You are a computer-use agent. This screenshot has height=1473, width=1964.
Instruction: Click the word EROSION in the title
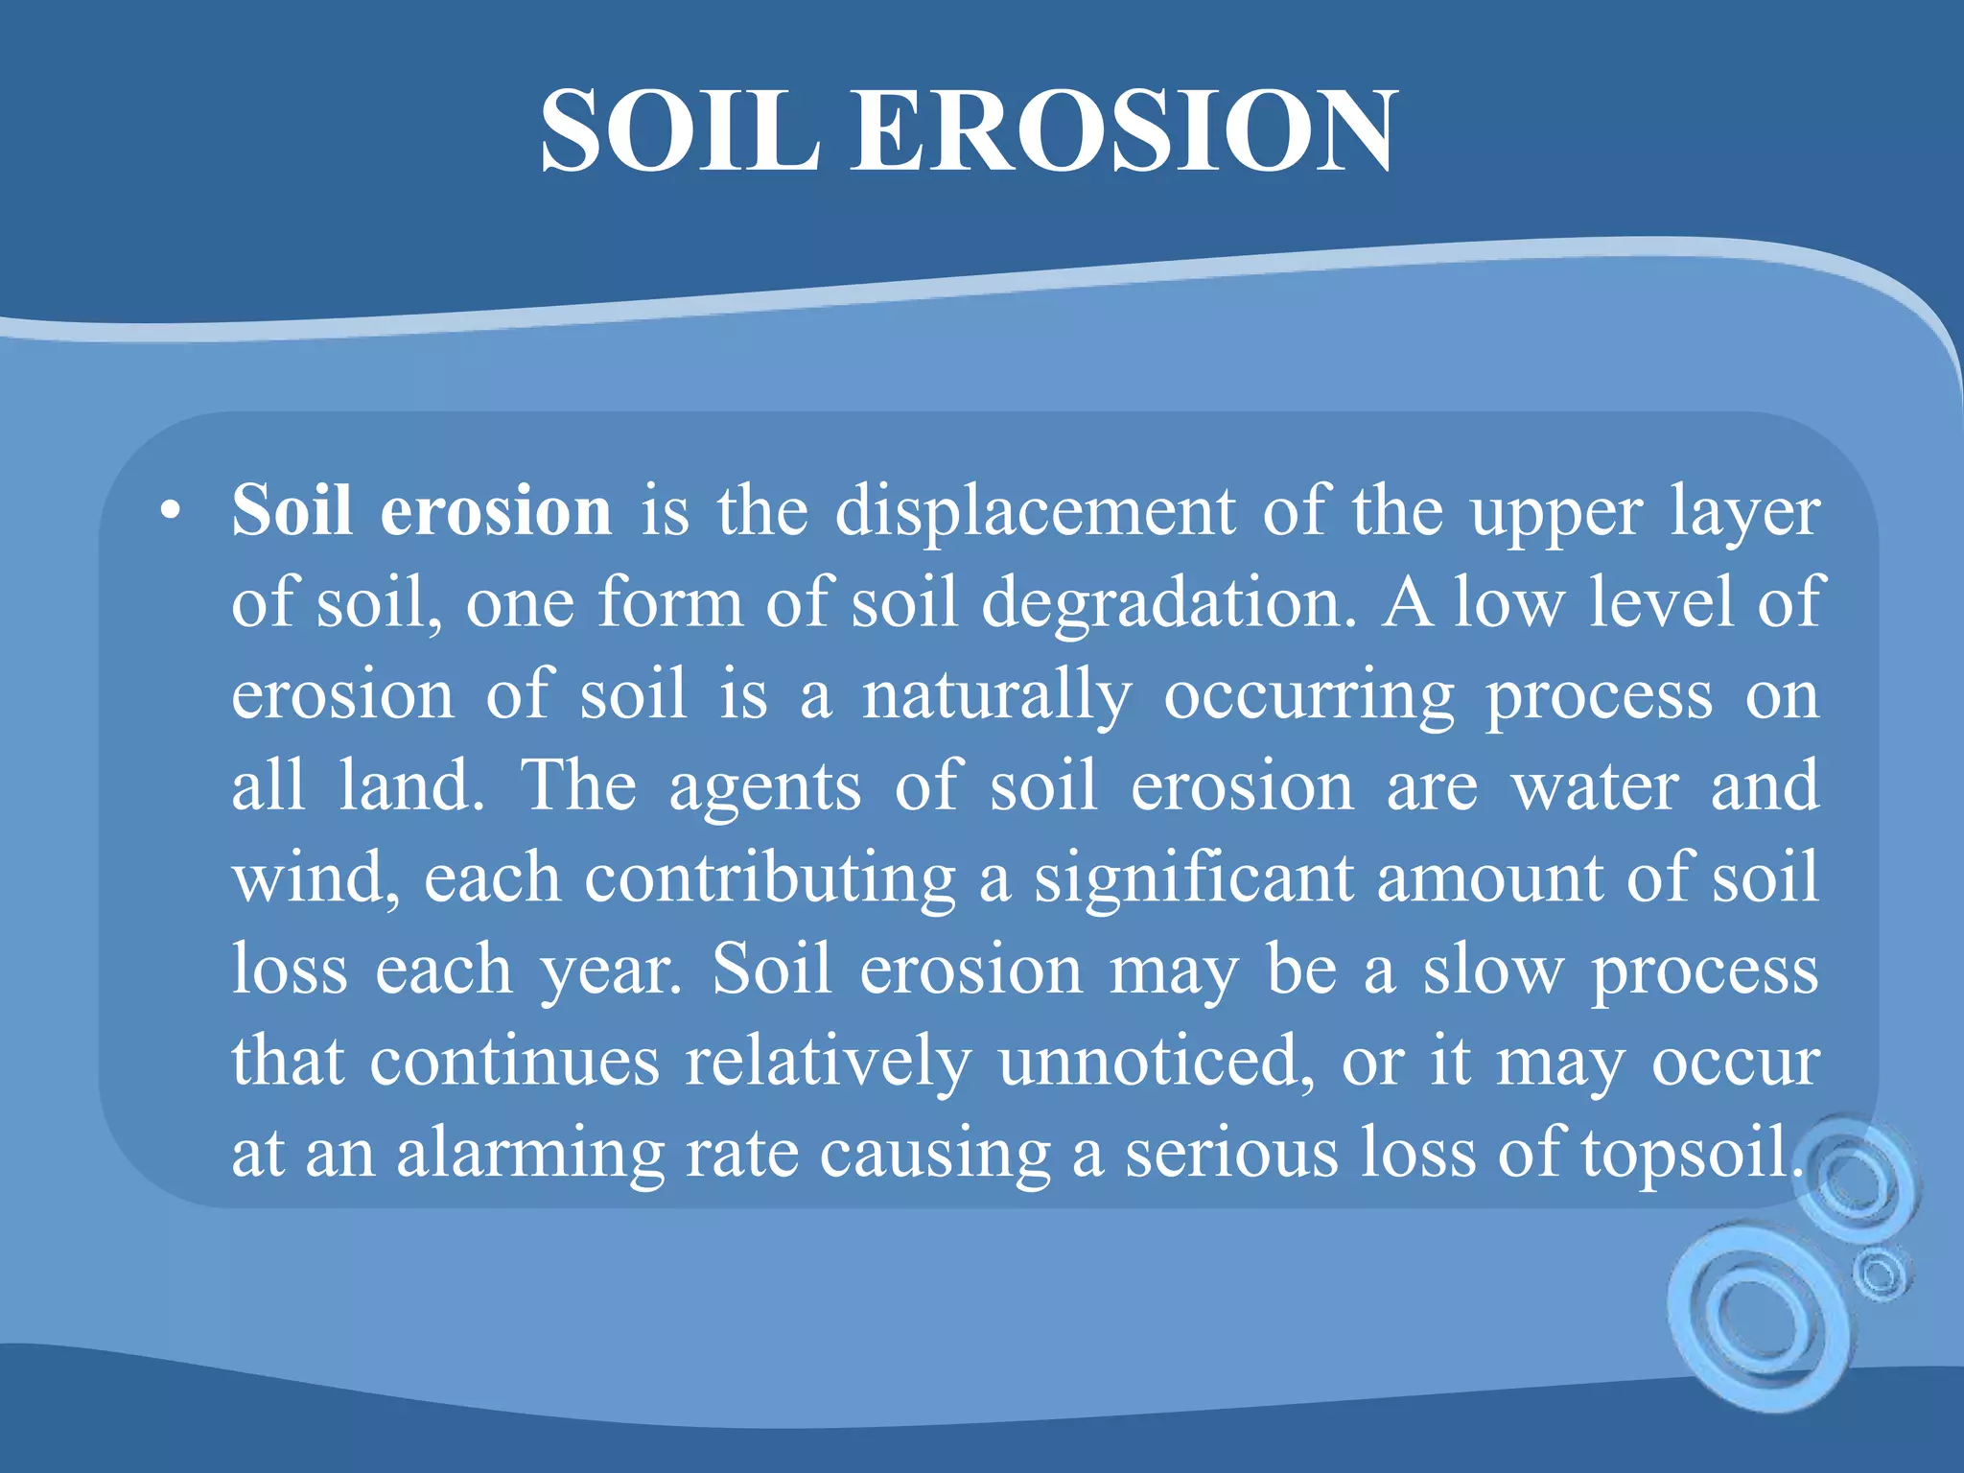(x=1124, y=130)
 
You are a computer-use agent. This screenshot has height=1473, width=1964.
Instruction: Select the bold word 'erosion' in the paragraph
(x=496, y=510)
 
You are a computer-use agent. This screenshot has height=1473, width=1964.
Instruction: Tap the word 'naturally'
(x=996, y=696)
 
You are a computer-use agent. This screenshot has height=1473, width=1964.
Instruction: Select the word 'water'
(x=1595, y=786)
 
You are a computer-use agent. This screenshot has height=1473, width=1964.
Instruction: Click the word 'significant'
(x=1193, y=878)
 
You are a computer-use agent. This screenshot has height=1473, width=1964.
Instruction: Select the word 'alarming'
(x=530, y=1155)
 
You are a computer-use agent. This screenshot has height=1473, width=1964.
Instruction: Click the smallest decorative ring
(x=1881, y=1274)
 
